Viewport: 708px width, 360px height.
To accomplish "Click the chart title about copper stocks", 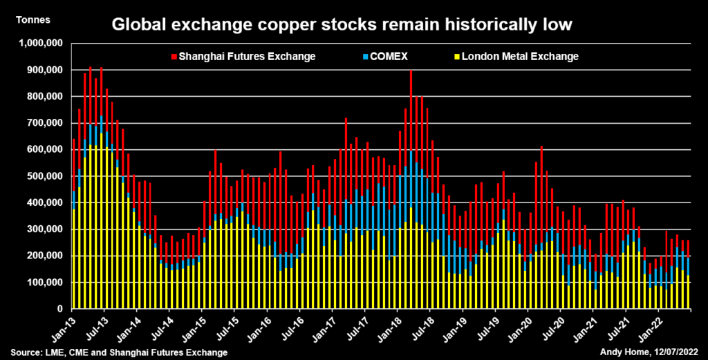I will (342, 26).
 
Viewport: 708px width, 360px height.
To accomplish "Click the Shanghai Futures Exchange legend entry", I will (247, 56).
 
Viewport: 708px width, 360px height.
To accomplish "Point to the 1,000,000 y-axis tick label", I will (39, 44).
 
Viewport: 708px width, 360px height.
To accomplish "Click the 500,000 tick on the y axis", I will (44, 176).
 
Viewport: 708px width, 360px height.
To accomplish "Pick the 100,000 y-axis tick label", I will (44, 283).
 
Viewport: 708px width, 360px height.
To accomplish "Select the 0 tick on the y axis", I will (61, 309).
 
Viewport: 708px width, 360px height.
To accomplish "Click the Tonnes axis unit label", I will (32, 19).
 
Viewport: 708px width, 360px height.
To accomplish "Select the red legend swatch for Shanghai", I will (174, 56).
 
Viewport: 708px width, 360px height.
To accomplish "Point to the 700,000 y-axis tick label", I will (44, 123).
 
